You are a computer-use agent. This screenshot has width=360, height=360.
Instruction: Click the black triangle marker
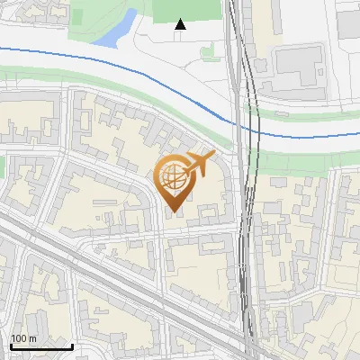coord(180,24)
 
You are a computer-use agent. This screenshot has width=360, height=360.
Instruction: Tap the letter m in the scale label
coord(33,337)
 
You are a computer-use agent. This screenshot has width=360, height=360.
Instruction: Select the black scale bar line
coord(41,346)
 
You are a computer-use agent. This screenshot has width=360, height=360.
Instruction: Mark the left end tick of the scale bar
coord(11,345)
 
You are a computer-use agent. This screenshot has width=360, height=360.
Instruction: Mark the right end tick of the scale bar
coord(72,345)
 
